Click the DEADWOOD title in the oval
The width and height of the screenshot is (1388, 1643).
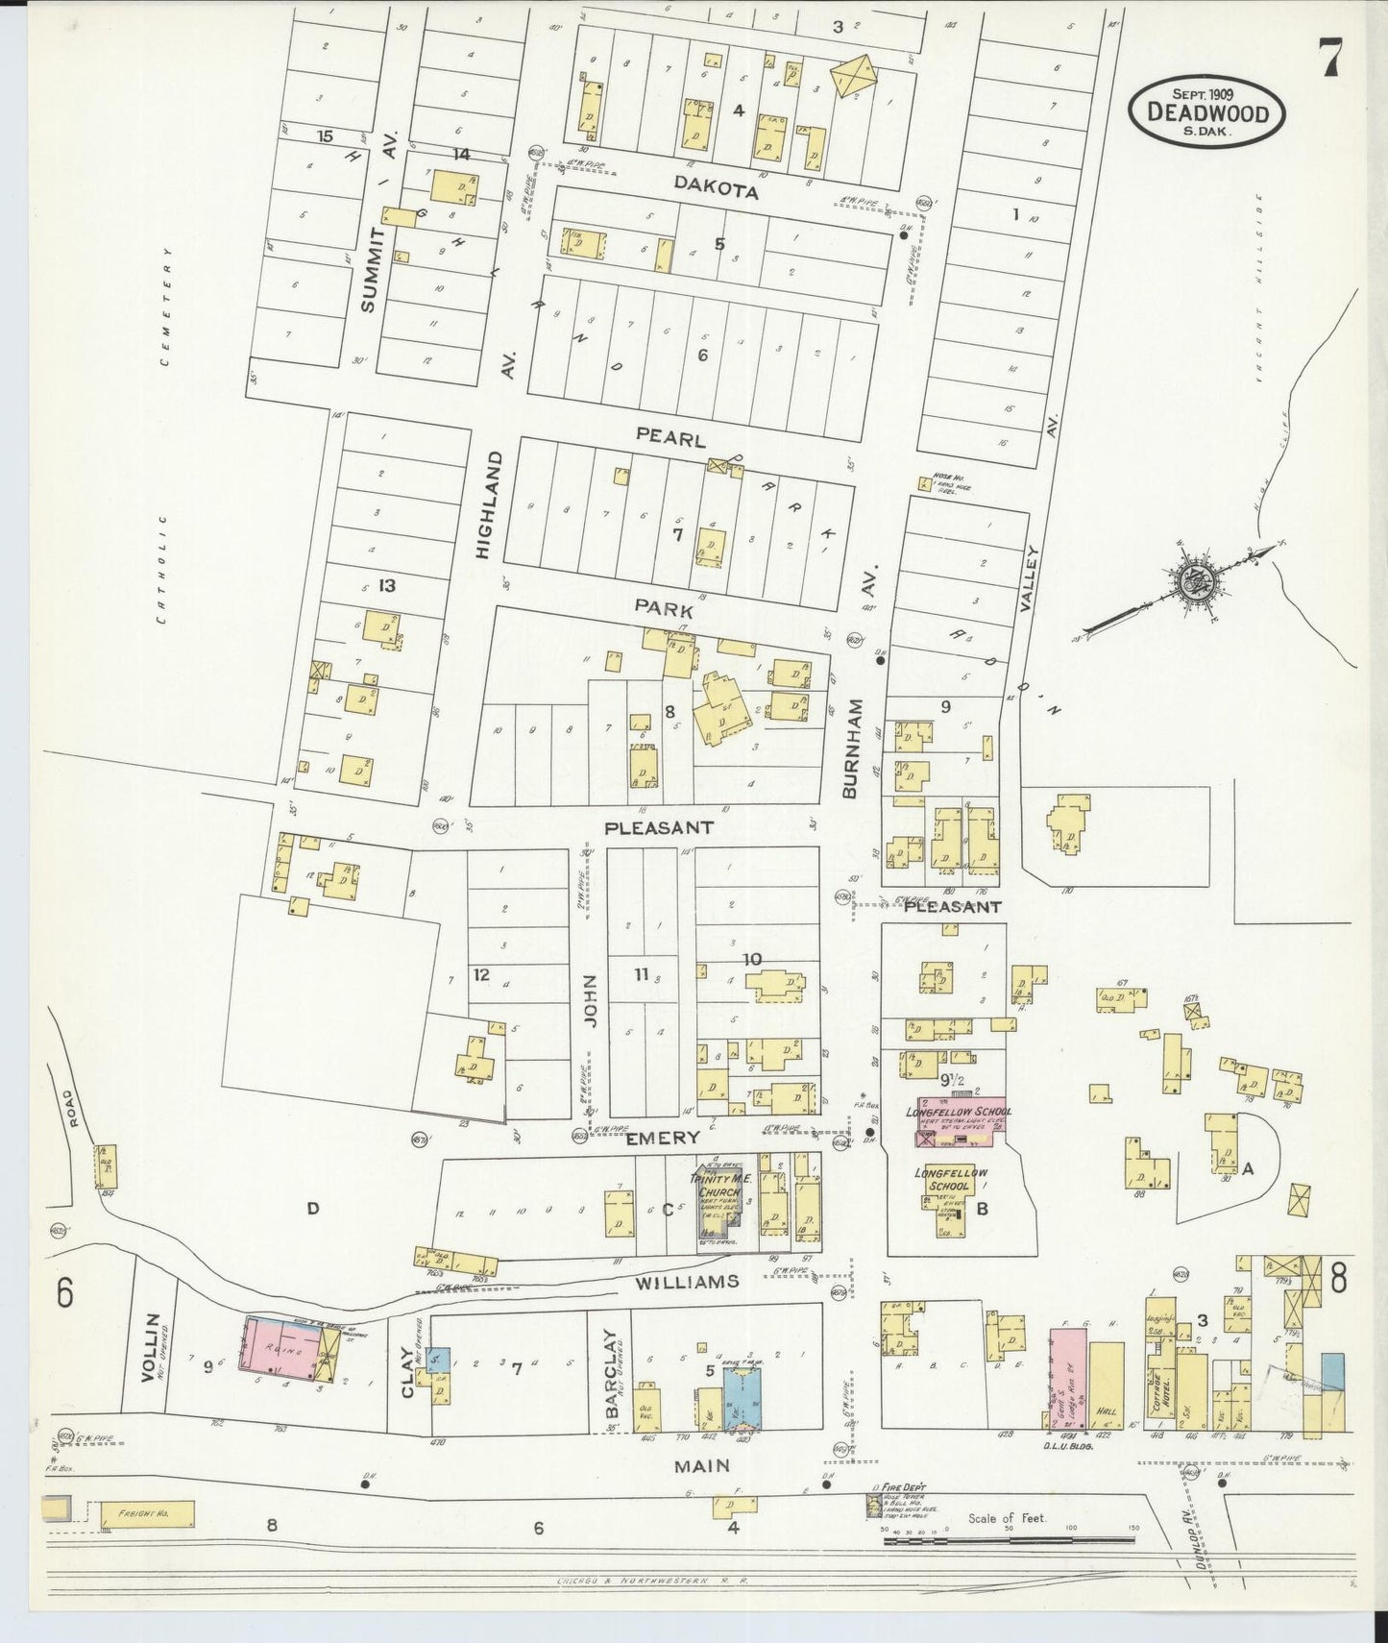click(x=1207, y=113)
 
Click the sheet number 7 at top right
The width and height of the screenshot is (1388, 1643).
click(x=1329, y=60)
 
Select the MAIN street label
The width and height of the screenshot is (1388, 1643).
click(x=701, y=1465)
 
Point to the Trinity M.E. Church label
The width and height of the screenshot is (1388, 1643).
click(x=718, y=1186)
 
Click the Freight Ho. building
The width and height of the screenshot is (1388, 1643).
click(x=148, y=1514)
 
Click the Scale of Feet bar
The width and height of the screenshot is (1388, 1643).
click(x=1009, y=1540)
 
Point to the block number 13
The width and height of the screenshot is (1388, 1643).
click(x=387, y=585)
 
